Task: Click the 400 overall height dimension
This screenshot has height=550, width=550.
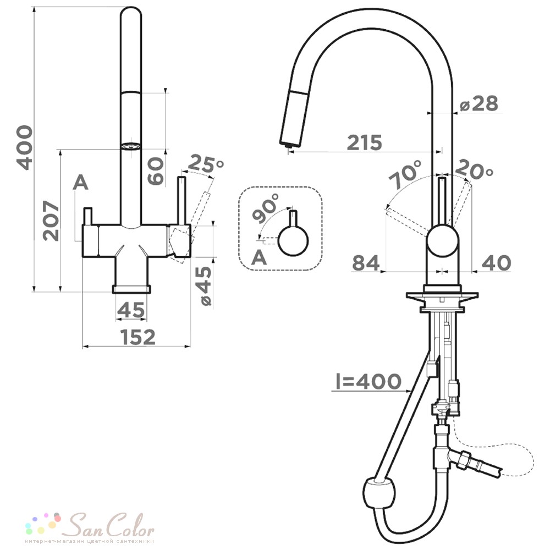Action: [x=25, y=147]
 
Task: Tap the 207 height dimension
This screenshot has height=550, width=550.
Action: [x=51, y=221]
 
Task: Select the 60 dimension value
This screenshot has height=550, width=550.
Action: [x=156, y=171]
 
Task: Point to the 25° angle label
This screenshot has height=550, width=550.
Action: [x=206, y=163]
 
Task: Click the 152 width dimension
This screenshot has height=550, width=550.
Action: [x=137, y=337]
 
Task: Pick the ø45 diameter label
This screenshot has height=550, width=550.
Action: [x=205, y=286]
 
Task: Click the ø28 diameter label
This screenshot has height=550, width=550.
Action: [x=479, y=104]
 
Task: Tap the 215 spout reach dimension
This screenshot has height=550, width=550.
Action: [x=365, y=142]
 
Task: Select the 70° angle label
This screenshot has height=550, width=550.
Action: [x=405, y=174]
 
